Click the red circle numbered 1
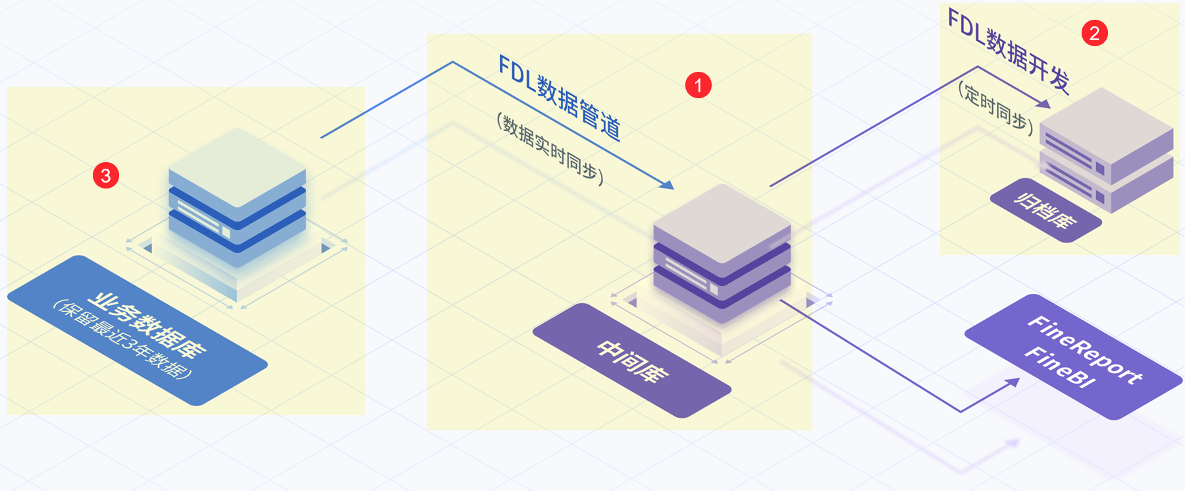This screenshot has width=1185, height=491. (x=698, y=85)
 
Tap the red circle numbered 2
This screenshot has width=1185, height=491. (x=1095, y=33)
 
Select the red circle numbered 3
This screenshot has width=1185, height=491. (x=106, y=175)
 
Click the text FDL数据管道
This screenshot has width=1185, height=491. (x=560, y=98)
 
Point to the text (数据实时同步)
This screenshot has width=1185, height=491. (x=550, y=150)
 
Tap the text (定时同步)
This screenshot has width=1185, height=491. (x=995, y=105)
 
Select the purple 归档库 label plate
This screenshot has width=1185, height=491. (x=1046, y=210)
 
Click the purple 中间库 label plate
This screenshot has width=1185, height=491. (x=632, y=361)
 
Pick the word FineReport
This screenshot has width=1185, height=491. (x=1085, y=350)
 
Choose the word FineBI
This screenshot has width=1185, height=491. (x=1060, y=367)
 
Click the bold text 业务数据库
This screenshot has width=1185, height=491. (x=147, y=324)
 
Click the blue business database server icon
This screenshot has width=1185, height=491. (x=237, y=198)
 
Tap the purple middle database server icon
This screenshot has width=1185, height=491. (x=722, y=254)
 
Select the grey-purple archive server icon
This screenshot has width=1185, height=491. (x=1107, y=150)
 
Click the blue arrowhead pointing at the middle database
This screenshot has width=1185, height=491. (x=668, y=185)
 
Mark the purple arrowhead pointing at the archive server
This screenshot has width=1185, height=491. (x=1044, y=103)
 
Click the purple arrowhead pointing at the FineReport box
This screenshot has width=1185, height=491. (x=1013, y=382)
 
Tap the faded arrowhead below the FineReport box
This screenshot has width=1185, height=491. (x=1012, y=444)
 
